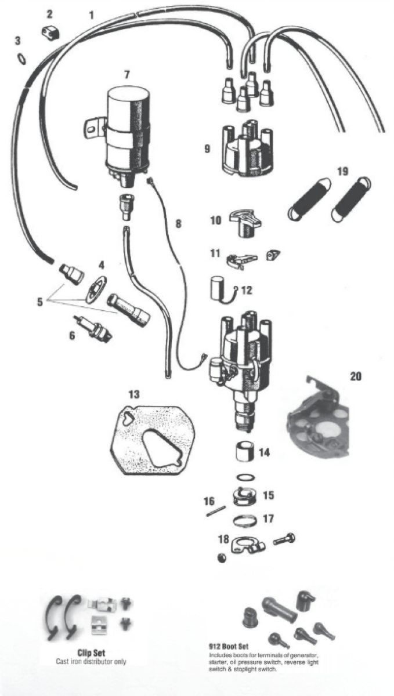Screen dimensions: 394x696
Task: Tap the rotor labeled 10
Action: (x=245, y=223)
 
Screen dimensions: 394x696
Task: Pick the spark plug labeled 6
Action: (x=92, y=329)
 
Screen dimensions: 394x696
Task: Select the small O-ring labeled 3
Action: (x=22, y=59)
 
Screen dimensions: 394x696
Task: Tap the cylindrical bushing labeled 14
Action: (x=245, y=452)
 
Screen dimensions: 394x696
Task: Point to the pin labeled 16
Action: (x=216, y=511)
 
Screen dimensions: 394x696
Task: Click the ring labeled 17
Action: (x=245, y=520)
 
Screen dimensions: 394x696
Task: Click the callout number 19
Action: (x=343, y=171)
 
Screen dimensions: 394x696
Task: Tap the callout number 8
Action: (x=178, y=223)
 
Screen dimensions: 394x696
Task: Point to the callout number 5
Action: (x=40, y=302)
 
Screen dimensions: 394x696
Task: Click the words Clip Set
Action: (x=91, y=653)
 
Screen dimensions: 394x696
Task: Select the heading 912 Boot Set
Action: (x=229, y=647)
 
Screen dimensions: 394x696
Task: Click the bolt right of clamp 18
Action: (x=284, y=539)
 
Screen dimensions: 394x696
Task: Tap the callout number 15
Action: (x=268, y=495)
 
